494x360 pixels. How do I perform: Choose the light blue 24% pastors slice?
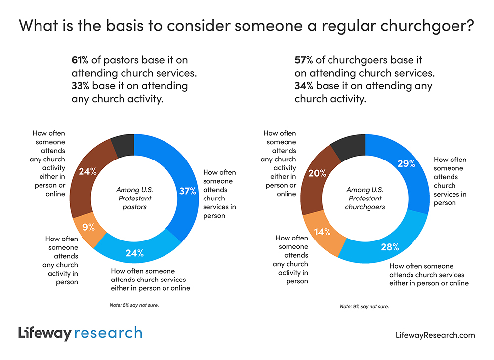point(134,252)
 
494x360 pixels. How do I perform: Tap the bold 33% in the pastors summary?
point(81,86)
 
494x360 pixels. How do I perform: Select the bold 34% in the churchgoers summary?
point(304,86)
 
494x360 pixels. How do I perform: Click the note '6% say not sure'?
point(134,305)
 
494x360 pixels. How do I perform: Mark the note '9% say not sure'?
point(365,306)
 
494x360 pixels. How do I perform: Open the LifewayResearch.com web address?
point(435,335)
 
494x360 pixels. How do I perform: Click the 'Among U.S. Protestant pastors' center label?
point(134,198)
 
